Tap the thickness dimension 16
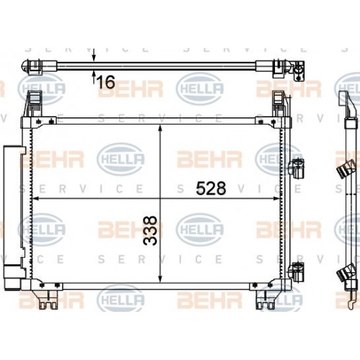105,81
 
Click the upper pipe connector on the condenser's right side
294,170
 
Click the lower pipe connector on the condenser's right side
294,271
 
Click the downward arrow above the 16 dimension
94,58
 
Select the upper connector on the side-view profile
345,171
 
